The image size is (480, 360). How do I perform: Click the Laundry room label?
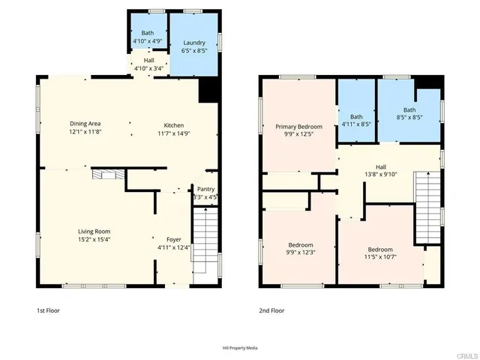pyautogui.click(x=193, y=43)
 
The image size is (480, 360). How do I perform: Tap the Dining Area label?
pyautogui.click(x=85, y=124)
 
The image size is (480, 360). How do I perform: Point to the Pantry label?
pyautogui.click(x=205, y=189)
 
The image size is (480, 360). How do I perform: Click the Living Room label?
pyautogui.click(x=94, y=231)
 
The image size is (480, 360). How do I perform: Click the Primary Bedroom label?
pyautogui.click(x=298, y=127)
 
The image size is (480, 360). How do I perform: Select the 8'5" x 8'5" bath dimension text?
pyautogui.click(x=409, y=118)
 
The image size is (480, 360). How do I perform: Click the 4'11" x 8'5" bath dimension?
pyautogui.click(x=356, y=124)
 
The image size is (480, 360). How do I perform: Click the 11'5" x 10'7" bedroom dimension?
pyautogui.click(x=380, y=258)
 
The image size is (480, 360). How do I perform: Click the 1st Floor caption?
pyautogui.click(x=47, y=310)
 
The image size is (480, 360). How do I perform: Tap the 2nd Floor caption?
pyautogui.click(x=271, y=310)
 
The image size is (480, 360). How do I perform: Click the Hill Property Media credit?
pyautogui.click(x=240, y=348)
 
